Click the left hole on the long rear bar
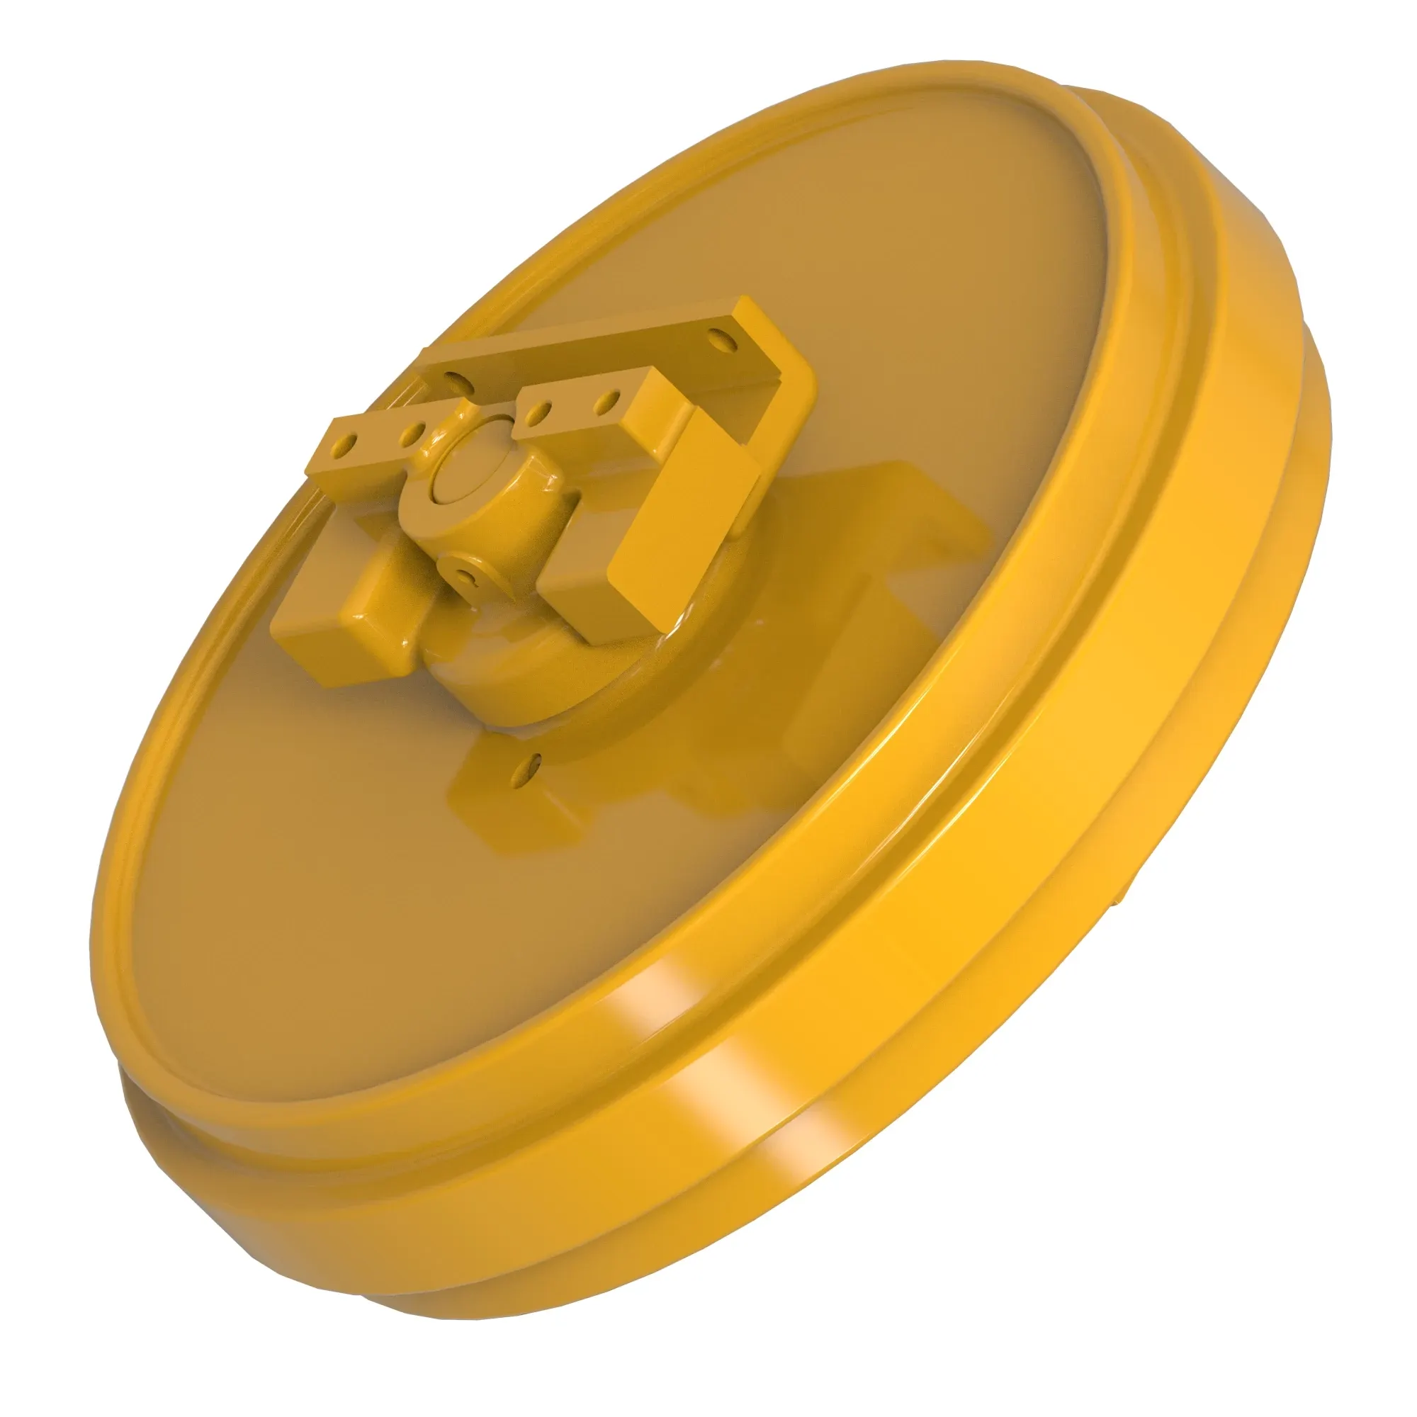click(x=454, y=379)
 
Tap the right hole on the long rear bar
click(x=721, y=341)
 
